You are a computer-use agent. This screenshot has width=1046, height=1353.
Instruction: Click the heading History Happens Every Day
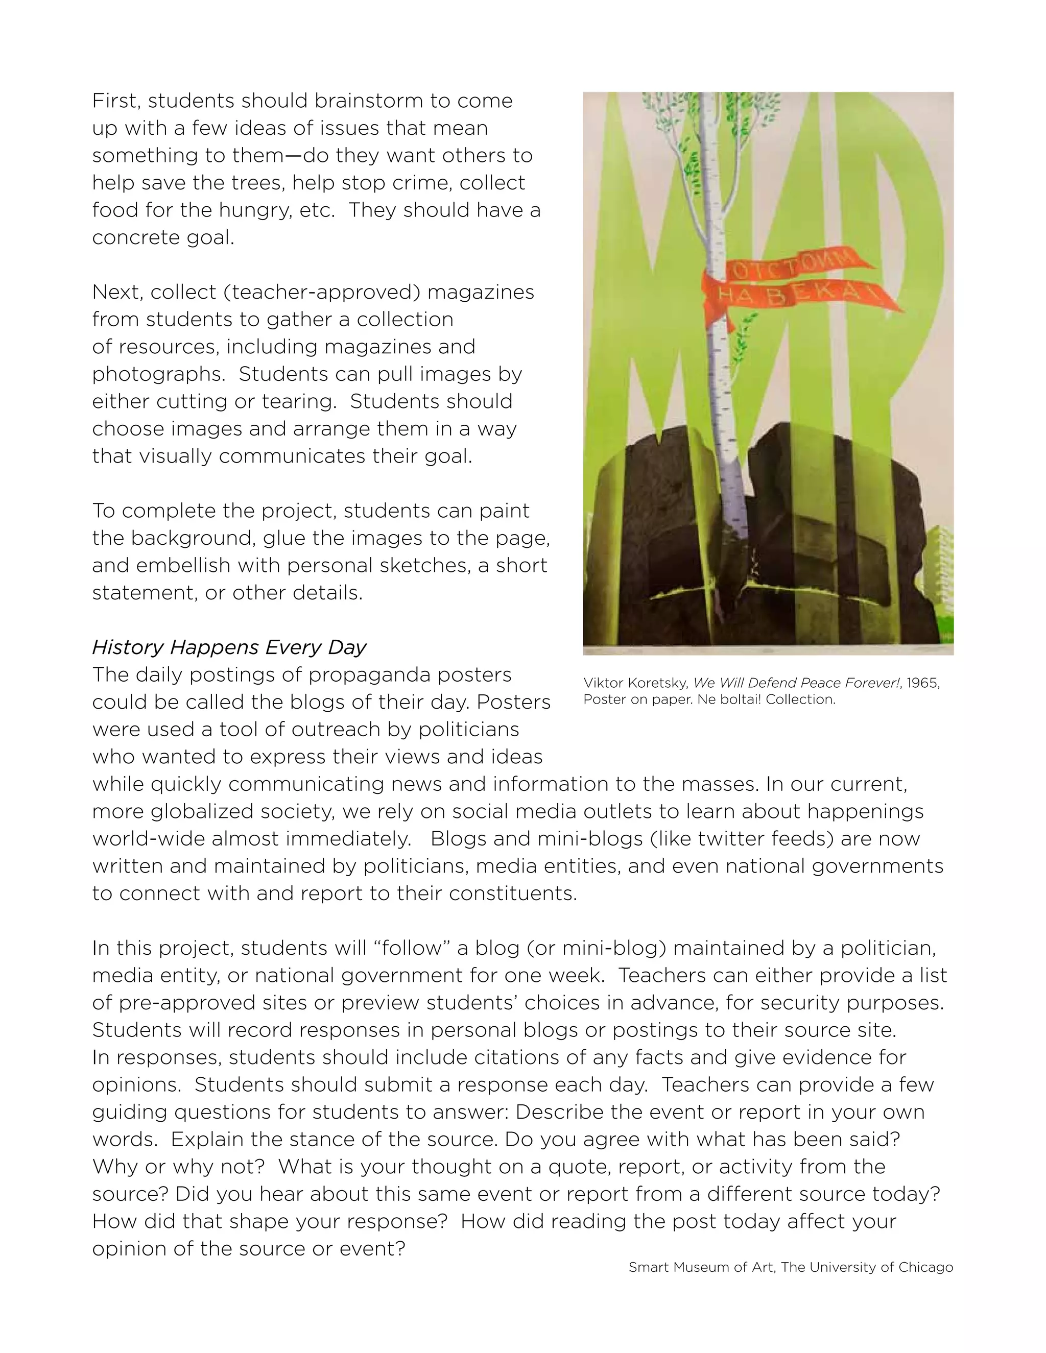tap(229, 647)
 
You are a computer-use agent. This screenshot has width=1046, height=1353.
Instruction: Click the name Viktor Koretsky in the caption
tap(635, 683)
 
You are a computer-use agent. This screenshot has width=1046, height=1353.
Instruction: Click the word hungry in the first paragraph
tap(255, 211)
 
